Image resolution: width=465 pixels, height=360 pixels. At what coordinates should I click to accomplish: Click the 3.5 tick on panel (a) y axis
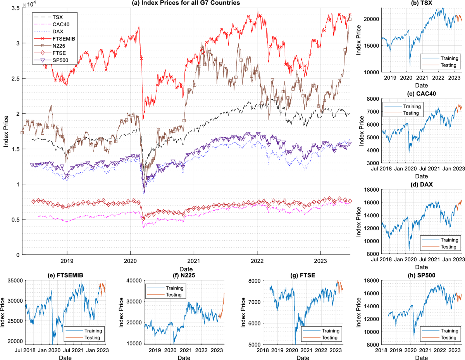[x=14, y=8]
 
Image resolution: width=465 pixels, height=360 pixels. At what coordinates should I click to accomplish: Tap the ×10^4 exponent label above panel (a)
[x=29, y=4]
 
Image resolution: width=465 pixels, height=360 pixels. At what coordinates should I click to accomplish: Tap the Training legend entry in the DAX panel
[x=449, y=240]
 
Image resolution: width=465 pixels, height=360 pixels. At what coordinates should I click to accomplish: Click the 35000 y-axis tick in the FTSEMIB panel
[x=15, y=280]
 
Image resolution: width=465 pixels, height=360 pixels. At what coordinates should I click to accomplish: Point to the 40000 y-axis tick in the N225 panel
[x=134, y=280]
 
